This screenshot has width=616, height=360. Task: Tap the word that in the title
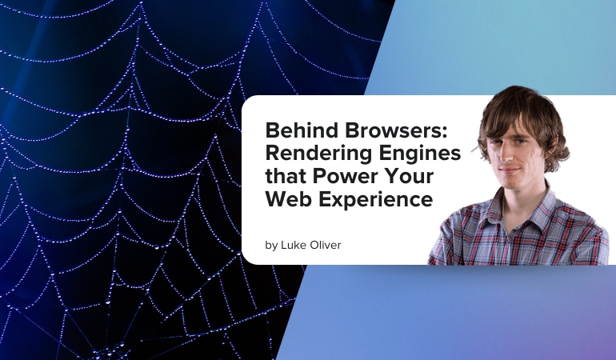[284, 176]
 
